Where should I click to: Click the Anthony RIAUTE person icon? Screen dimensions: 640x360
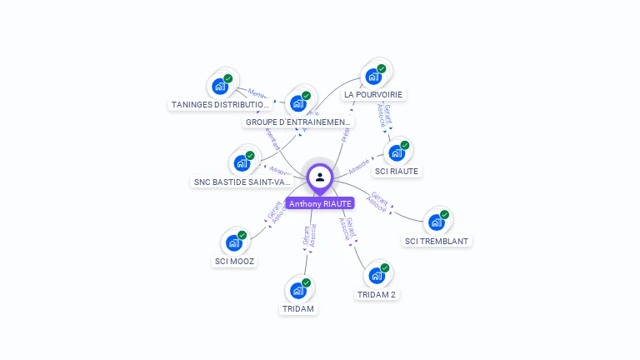tap(320, 177)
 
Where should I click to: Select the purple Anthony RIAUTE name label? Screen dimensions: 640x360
tap(320, 203)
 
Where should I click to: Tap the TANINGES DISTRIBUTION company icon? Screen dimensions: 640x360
tap(220, 86)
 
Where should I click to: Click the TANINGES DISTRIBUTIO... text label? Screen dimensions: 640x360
tap(221, 105)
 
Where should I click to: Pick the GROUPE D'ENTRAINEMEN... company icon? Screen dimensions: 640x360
tap(298, 103)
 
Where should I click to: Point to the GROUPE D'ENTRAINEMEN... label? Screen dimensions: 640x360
tap(298, 122)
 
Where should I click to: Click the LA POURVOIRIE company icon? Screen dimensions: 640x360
tap(373, 76)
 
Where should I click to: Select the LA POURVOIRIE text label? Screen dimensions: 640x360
tap(374, 95)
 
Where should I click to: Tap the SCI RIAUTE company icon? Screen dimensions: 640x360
tap(397, 152)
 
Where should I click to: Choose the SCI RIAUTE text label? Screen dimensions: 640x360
tap(397, 172)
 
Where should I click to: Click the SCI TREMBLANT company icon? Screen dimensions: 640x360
tap(437, 222)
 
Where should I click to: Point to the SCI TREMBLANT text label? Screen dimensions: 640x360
tap(437, 242)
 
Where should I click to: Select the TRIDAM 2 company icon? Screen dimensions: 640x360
tap(377, 276)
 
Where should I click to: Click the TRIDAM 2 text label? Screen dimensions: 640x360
tap(377, 295)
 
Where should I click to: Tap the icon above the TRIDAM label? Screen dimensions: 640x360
tap(298, 291)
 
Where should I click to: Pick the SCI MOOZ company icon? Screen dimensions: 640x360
tap(234, 242)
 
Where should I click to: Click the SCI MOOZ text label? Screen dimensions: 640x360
tap(234, 262)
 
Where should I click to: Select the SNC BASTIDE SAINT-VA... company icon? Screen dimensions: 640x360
tap(242, 162)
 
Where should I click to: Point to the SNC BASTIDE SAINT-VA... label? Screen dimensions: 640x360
tap(242, 182)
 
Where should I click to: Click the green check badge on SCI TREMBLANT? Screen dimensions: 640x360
tap(445, 215)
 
